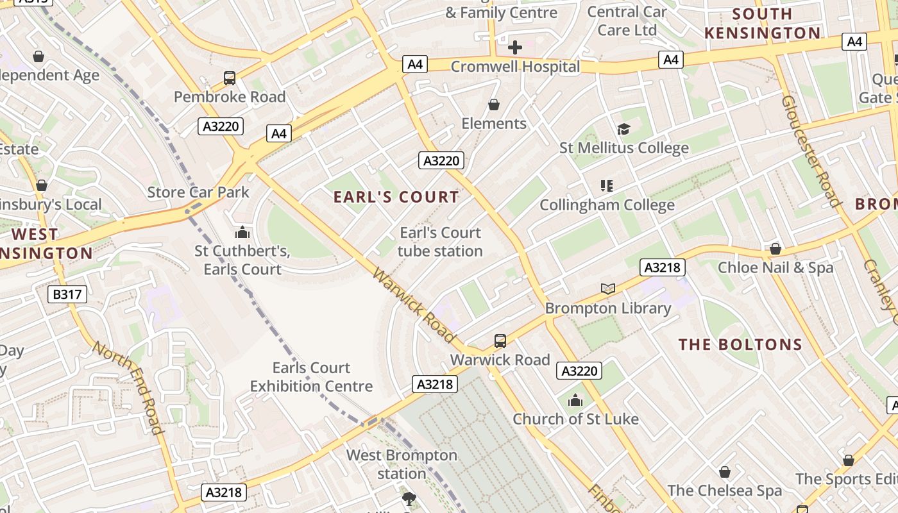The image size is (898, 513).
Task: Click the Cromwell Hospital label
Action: pyautogui.click(x=515, y=67)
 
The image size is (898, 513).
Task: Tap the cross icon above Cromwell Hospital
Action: pyautogui.click(x=515, y=47)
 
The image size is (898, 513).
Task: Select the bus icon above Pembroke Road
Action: pyautogui.click(x=230, y=79)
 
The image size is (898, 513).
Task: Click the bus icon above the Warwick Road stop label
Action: pyautogui.click(x=500, y=341)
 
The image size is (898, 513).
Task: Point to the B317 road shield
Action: pyautogui.click(x=67, y=294)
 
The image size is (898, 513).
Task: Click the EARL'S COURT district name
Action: pyautogui.click(x=396, y=197)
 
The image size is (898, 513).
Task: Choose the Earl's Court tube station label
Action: pyautogui.click(x=440, y=242)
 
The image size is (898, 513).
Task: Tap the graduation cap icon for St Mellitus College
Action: pyautogui.click(x=623, y=130)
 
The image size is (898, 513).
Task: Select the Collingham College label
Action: pyautogui.click(x=607, y=205)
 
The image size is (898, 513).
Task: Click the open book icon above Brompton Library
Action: pyautogui.click(x=608, y=289)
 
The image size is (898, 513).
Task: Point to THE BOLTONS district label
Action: pyautogui.click(x=741, y=344)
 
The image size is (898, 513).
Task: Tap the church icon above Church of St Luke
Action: pyautogui.click(x=575, y=401)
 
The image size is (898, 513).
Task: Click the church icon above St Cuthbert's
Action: pyautogui.click(x=242, y=232)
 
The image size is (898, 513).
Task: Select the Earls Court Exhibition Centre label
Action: pyautogui.click(x=311, y=377)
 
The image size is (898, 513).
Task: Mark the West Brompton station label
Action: pyautogui.click(x=402, y=464)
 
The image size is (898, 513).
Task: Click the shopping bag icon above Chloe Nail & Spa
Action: pyautogui.click(x=775, y=249)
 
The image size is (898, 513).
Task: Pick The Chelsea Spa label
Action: pyautogui.click(x=724, y=491)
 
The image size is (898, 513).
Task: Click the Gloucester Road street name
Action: pyautogui.click(x=811, y=151)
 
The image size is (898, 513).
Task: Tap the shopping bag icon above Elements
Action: pyautogui.click(x=494, y=105)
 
